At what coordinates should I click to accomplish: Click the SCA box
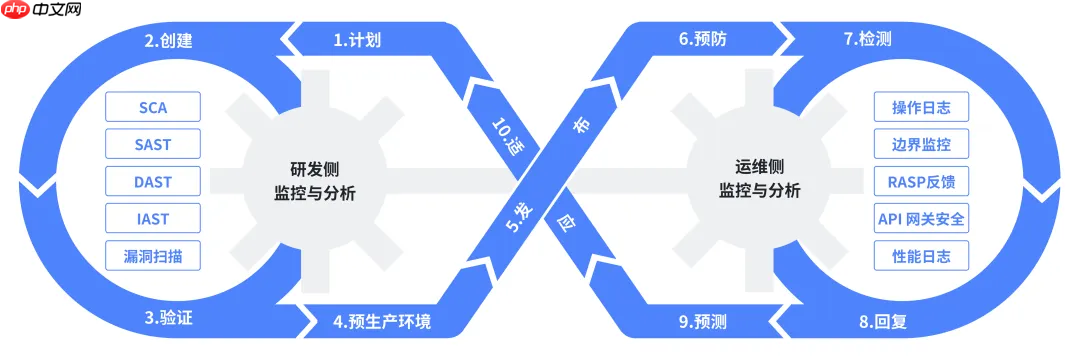point(153,107)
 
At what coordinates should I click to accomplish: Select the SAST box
point(153,144)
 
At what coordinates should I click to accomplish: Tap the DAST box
point(153,182)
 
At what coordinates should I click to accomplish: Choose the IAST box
point(153,219)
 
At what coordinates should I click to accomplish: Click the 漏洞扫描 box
point(153,256)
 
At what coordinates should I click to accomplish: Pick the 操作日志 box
point(920,107)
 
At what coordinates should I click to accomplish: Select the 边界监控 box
point(920,144)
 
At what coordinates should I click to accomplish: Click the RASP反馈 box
point(920,182)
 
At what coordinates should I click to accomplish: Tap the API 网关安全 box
point(920,219)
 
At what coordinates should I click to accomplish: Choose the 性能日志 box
point(920,256)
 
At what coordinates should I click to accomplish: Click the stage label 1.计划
point(357,41)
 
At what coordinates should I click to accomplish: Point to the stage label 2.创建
point(167,41)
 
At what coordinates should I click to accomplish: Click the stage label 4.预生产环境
point(384,321)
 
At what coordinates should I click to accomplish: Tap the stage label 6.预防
point(703,40)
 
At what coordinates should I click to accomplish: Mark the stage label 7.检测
point(867,40)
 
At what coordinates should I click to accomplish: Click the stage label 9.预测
point(703,321)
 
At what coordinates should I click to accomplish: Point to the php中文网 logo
point(42,12)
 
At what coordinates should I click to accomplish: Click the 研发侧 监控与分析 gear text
point(314,181)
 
